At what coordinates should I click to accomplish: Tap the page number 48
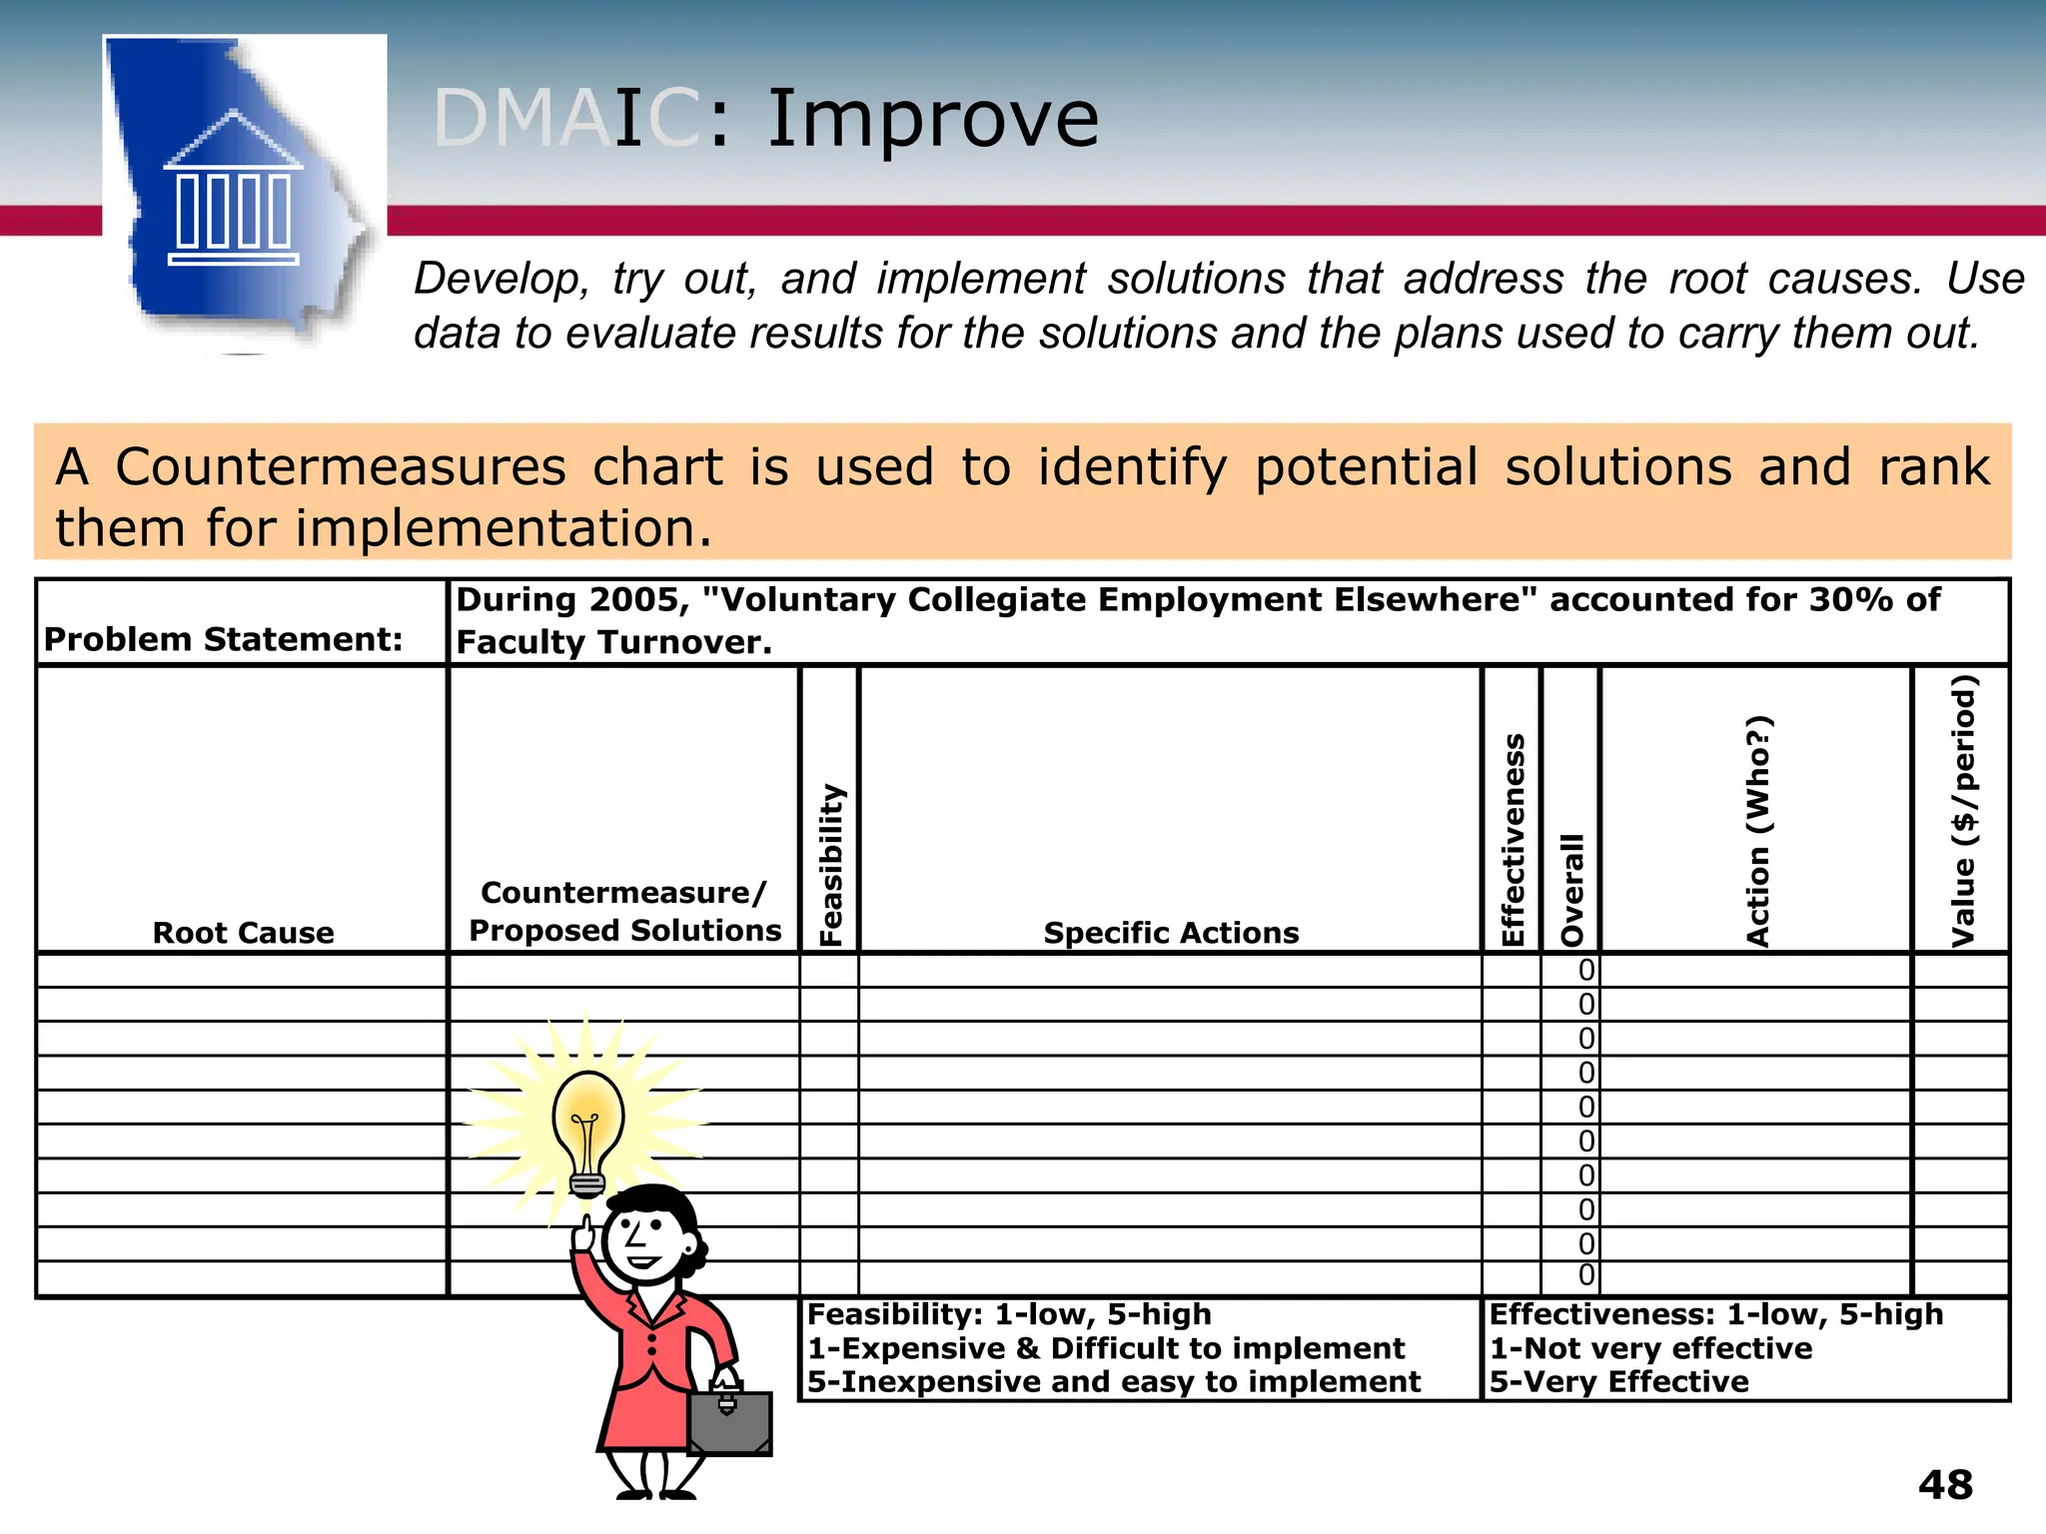tap(1945, 1485)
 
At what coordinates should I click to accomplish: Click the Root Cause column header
tap(243, 933)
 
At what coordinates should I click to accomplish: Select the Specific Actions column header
tap(1171, 933)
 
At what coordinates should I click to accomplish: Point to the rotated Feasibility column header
tap(831, 865)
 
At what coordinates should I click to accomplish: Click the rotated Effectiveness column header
tap(1514, 840)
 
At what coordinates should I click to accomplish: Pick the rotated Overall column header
tap(1572, 890)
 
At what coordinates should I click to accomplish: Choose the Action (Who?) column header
tap(1757, 831)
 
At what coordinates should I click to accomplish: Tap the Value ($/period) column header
tap(1963, 811)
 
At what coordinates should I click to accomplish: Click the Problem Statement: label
tap(223, 639)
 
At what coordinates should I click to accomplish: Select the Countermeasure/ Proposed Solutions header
tap(624, 911)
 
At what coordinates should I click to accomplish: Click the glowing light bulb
tap(588, 1129)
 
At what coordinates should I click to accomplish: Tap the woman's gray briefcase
tap(729, 1420)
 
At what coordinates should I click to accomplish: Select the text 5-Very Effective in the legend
tap(1619, 1382)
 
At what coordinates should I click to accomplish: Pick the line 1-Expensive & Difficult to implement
tap(1106, 1348)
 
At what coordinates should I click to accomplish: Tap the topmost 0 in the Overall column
tap(1586, 971)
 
